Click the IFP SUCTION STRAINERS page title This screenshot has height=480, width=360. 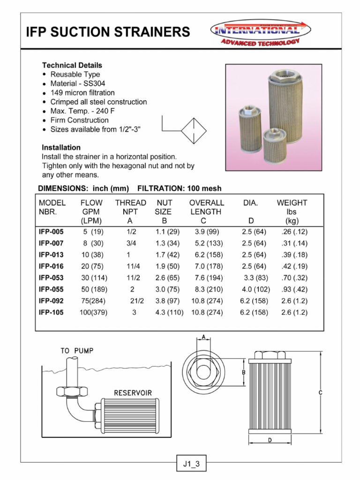tap(108, 32)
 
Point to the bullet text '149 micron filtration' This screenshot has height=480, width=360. tap(82, 93)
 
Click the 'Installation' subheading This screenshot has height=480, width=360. tap(61, 147)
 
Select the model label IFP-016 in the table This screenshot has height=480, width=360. tap(51, 266)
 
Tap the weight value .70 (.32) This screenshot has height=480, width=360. tap(294, 277)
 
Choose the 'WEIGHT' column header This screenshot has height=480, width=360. tap(292, 203)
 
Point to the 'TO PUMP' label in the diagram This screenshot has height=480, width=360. tap(77, 350)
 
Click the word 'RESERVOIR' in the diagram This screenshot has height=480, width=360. tap(133, 392)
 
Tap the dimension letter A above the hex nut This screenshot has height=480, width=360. tap(203, 336)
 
